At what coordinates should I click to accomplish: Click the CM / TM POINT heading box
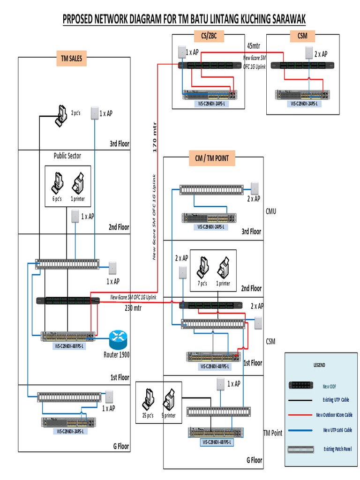pos(211,158)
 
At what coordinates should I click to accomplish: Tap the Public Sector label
pos(67,156)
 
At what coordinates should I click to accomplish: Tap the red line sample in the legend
pos(300,415)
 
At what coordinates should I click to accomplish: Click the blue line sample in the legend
pos(300,430)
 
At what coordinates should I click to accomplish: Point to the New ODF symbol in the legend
pos(300,385)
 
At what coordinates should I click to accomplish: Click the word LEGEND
pos(319,365)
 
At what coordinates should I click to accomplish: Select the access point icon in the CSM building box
pos(309,52)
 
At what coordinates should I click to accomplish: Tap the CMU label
pos(271,211)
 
